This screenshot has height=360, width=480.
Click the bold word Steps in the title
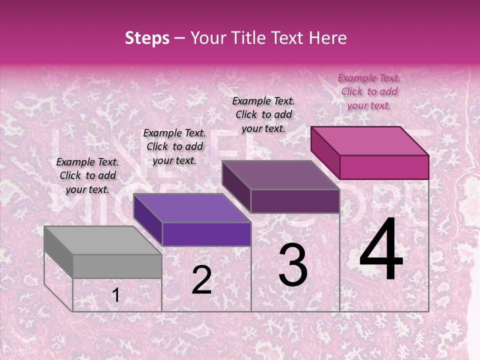tap(147, 38)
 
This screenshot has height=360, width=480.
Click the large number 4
tap(381, 250)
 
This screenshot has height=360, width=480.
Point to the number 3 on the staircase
tap(293, 264)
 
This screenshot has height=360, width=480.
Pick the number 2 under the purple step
tap(201, 280)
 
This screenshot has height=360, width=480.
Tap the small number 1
tap(115, 295)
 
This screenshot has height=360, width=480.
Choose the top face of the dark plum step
tap(280, 175)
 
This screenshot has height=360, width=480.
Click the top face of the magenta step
tap(369, 141)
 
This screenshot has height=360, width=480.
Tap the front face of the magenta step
tap(384, 167)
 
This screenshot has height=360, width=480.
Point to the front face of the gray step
tap(117, 266)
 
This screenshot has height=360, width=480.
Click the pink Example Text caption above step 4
tap(369, 91)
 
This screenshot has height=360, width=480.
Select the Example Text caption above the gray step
tap(87, 175)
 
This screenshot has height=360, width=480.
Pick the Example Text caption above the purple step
tap(174, 146)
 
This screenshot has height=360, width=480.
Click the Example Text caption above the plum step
tap(263, 114)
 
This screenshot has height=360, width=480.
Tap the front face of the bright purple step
tap(206, 234)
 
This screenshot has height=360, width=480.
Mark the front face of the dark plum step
tap(295, 201)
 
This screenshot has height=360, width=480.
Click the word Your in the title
tap(209, 38)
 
